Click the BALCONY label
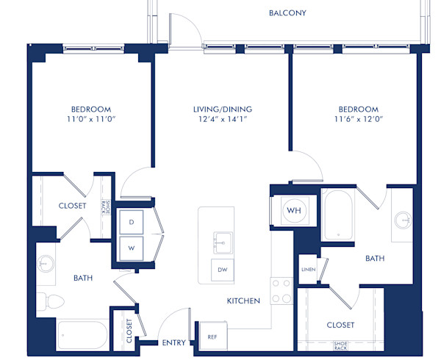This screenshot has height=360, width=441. coord(287,13)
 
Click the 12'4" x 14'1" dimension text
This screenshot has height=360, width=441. coord(218,118)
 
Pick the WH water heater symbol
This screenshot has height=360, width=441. coord(293,211)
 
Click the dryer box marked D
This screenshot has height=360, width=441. coord(132,221)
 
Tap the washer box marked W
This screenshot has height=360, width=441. coord(132,248)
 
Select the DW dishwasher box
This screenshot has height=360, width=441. coord(222,270)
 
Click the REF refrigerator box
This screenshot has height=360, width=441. coord(212,336)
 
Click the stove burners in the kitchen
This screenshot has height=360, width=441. coord(281,291)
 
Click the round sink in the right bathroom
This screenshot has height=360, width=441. coord(403,219)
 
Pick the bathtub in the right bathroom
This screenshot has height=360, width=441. coord(338,215)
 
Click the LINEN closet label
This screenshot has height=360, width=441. coord(308,270)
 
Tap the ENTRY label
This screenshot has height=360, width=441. coord(173,343)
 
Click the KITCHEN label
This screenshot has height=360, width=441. coord(243,301)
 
